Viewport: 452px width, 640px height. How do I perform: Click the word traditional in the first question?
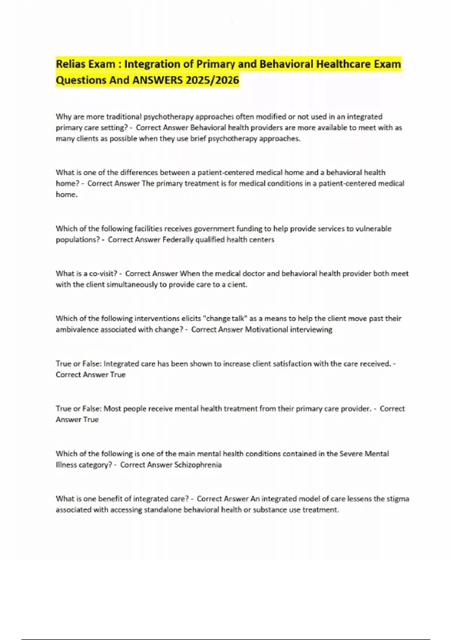click(x=124, y=117)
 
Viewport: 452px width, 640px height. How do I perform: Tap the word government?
click(x=213, y=229)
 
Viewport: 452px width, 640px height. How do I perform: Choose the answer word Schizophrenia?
click(x=198, y=465)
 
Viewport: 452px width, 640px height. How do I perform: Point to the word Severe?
click(x=351, y=454)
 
